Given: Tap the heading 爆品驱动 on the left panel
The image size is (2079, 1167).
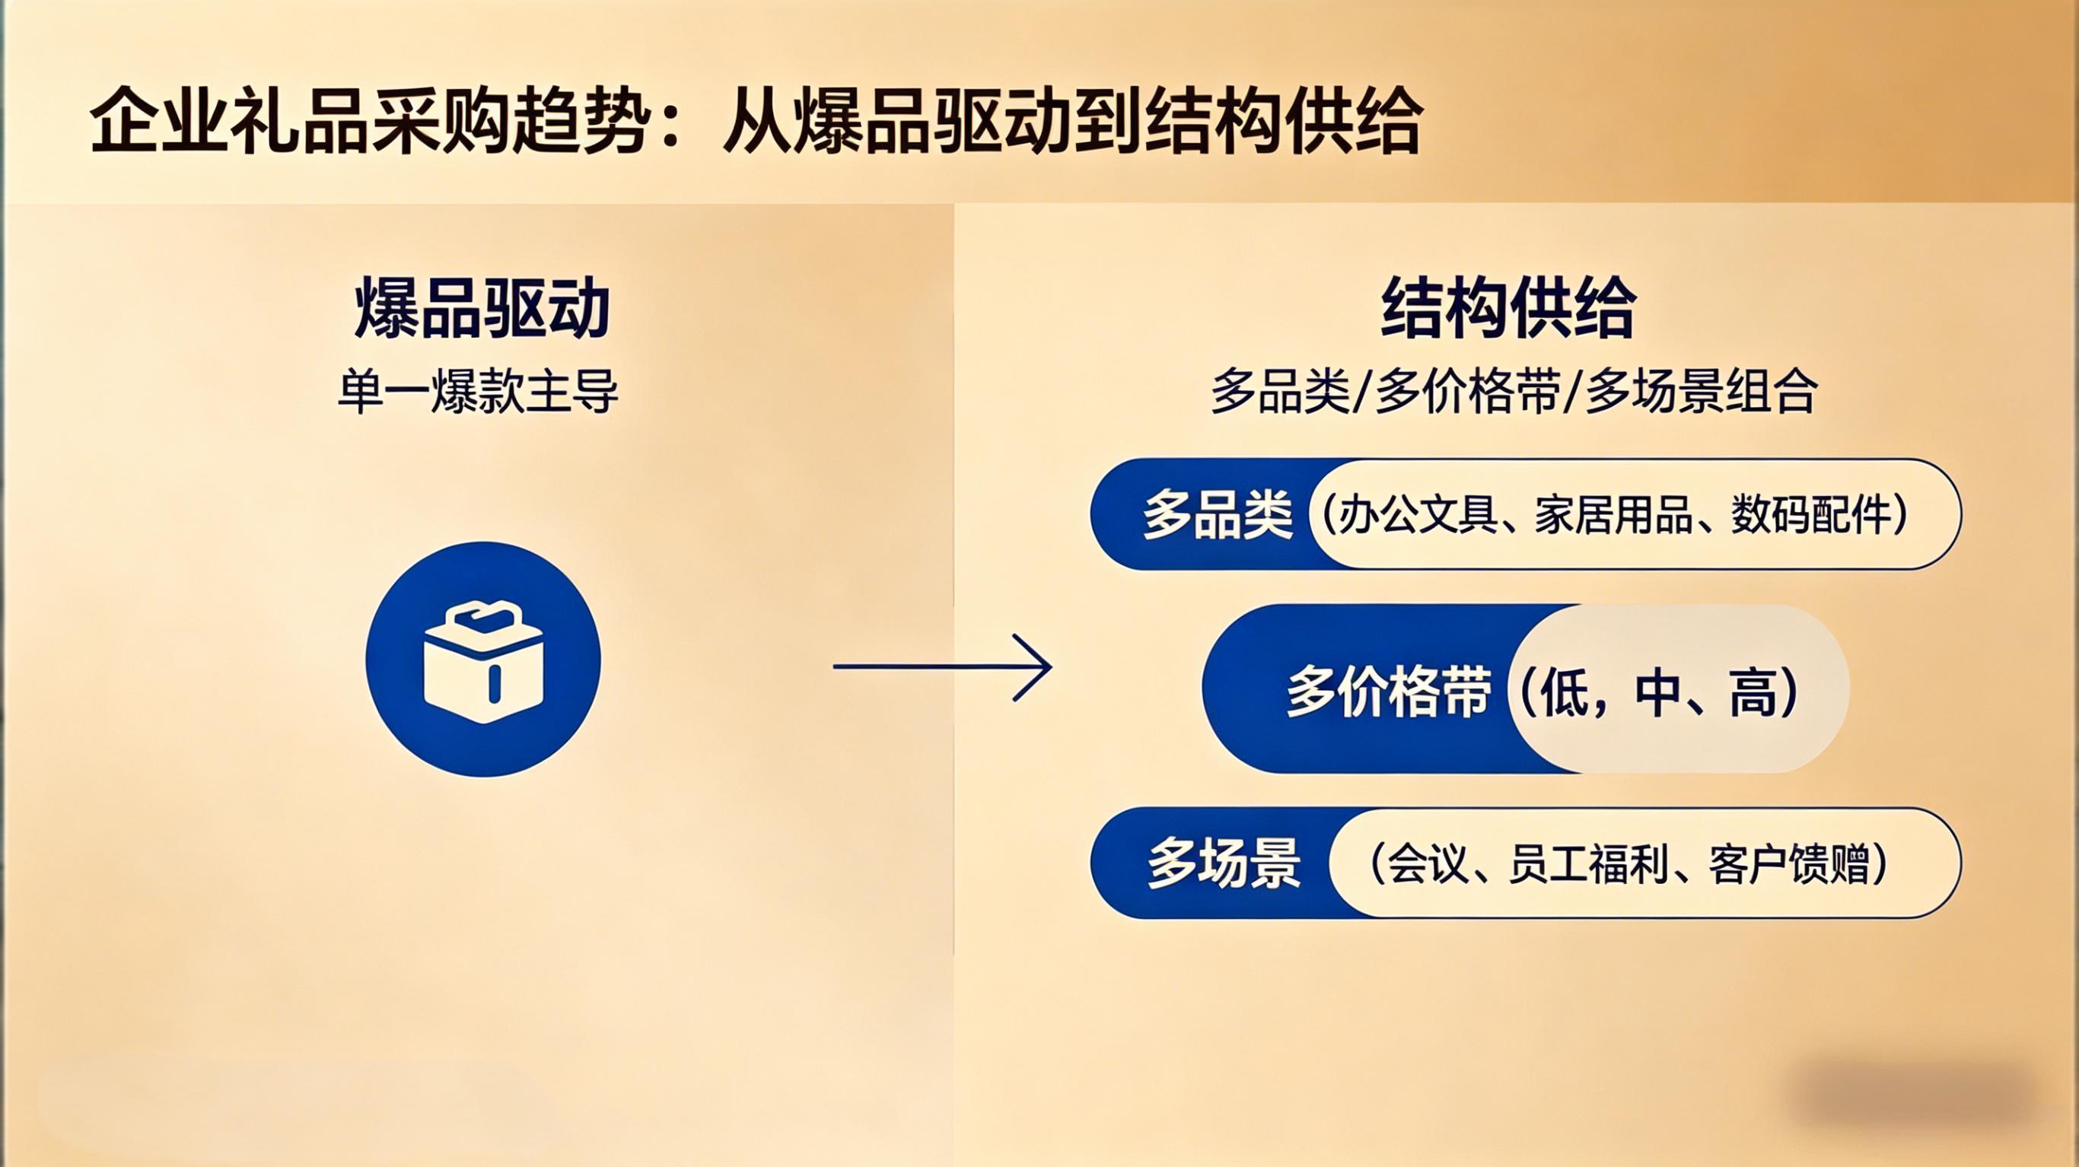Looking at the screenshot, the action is pyautogui.click(x=482, y=308).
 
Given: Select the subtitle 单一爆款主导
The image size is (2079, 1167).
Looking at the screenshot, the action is pyautogui.click(x=478, y=393).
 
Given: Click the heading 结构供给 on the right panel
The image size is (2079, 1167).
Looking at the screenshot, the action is pyautogui.click(x=1508, y=308).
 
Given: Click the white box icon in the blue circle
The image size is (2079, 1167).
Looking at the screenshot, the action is pyautogui.click(x=482, y=662).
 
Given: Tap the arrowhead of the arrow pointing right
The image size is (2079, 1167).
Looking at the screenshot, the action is pyautogui.click(x=1034, y=666).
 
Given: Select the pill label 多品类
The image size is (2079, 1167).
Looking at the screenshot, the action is pyautogui.click(x=1217, y=515).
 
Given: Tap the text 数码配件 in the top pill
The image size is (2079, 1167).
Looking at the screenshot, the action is pyautogui.click(x=1811, y=514).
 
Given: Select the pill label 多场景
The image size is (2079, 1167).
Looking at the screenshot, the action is pyautogui.click(x=1224, y=863).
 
